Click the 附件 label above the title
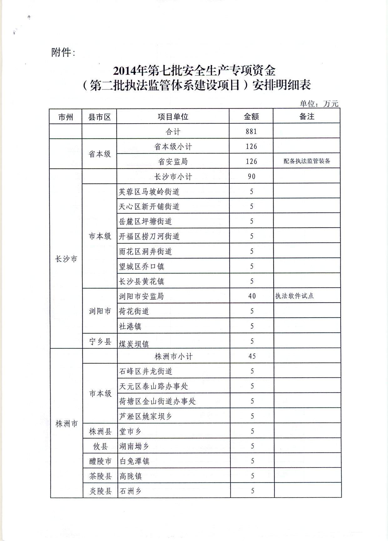pos(63,53)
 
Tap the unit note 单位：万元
pos(319,104)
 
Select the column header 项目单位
pos(173,117)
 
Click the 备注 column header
pos(306,116)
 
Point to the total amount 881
pos(251,131)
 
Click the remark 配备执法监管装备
pos(307,161)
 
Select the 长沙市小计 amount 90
pos(251,176)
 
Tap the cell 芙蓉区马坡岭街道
pos(149,191)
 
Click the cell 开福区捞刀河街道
pos(149,237)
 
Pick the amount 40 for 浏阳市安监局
pos(252,296)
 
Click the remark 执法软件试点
pos(294,296)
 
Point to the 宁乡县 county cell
pos(100,341)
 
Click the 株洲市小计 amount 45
pos(252,356)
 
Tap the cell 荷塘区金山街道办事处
pos(157,401)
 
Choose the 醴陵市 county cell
pos(100,461)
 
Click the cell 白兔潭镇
pos(134,461)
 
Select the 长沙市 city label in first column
pos(66,259)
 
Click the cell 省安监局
pos(173,161)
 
